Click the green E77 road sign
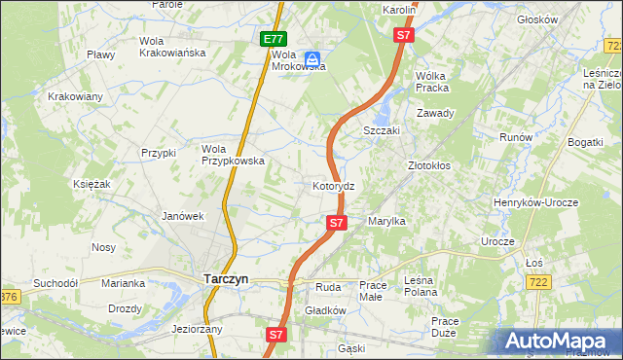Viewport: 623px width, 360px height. click(274, 40)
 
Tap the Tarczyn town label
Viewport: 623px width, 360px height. click(226, 278)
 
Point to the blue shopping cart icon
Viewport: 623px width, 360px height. click(313, 60)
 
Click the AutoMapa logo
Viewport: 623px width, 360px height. click(559, 342)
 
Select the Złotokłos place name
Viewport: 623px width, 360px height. click(428, 165)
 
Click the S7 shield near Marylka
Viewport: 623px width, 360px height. click(336, 223)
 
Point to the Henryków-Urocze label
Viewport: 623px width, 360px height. click(550, 201)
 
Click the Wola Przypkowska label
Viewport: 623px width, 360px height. click(233, 155)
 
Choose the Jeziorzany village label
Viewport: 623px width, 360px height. click(197, 329)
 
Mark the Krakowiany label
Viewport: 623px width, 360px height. click(75, 96)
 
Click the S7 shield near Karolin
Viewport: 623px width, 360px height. click(405, 35)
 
